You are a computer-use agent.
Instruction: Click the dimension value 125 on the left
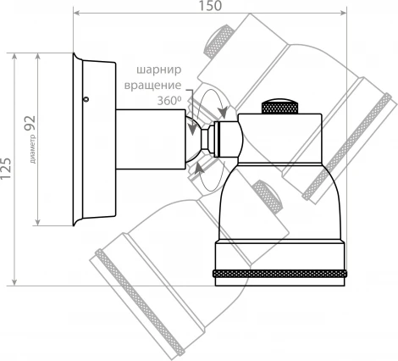point(8,169)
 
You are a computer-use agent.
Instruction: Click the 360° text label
point(169,100)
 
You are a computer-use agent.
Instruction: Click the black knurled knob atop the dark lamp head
point(280,108)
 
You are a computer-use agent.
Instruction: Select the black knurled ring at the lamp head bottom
point(280,275)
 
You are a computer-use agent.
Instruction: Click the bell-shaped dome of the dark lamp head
point(279,203)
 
